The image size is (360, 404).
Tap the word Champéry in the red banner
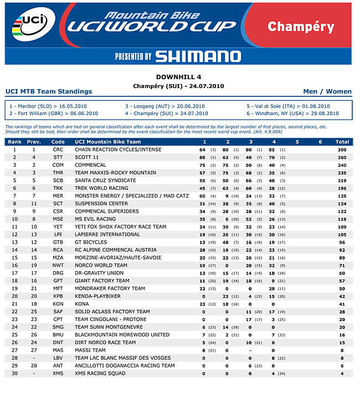click(301, 27)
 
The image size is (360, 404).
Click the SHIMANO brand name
click(198, 56)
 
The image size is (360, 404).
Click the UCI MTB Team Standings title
click(49, 91)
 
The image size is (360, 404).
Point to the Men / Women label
click(327, 91)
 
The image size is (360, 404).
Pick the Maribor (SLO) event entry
click(39, 106)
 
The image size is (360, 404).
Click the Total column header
click(342, 142)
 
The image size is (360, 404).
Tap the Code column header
click(58, 142)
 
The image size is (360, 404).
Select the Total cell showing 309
click(342, 150)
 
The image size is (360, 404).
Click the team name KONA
click(81, 304)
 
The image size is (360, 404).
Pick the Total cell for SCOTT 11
click(342, 158)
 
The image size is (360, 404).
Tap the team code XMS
click(58, 374)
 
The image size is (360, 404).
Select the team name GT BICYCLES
click(91, 242)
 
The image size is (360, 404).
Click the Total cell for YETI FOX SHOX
click(342, 227)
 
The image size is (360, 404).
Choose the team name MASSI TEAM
click(90, 350)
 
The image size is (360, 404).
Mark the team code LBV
click(58, 358)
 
